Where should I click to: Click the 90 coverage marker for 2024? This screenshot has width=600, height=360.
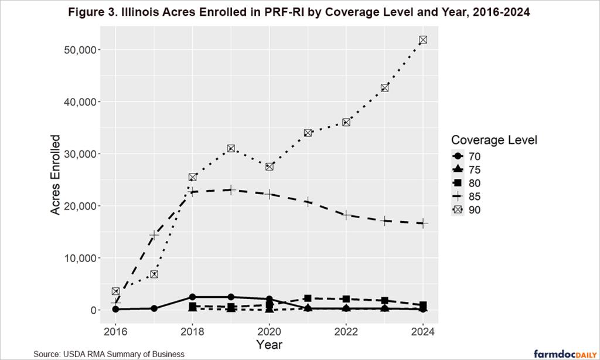coord(422,40)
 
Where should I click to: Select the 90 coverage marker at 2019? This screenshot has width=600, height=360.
coord(231,148)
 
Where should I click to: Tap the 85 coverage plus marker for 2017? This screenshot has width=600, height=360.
coord(154,235)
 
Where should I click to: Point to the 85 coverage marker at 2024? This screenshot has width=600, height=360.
coord(422,223)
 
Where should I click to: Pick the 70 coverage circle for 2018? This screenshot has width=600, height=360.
coord(192,297)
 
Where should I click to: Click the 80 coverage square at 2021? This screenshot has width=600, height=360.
coord(308,298)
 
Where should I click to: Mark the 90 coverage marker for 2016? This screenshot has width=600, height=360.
coord(116,291)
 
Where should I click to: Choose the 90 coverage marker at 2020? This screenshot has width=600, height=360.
coord(270,167)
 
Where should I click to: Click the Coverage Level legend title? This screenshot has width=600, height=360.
coord(494,140)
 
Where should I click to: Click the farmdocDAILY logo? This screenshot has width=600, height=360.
coord(559,353)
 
